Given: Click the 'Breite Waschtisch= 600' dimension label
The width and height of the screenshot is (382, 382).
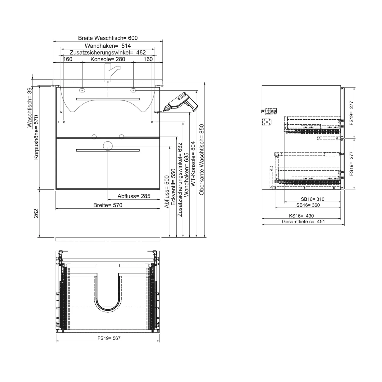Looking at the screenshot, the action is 108,38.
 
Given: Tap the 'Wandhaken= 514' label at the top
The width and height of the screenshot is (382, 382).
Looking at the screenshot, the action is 108,46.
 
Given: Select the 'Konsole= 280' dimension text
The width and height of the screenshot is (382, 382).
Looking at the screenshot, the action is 108,59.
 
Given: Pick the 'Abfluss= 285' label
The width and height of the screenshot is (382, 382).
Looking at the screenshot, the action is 134,196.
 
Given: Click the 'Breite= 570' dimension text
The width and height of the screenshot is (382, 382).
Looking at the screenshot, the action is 108,205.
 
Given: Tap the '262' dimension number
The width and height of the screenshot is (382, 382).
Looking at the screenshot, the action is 36,213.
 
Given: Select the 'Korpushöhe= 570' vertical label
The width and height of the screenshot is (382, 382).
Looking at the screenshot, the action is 36,138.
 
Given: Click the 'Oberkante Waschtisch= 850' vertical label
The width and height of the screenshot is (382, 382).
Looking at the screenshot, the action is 202,160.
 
